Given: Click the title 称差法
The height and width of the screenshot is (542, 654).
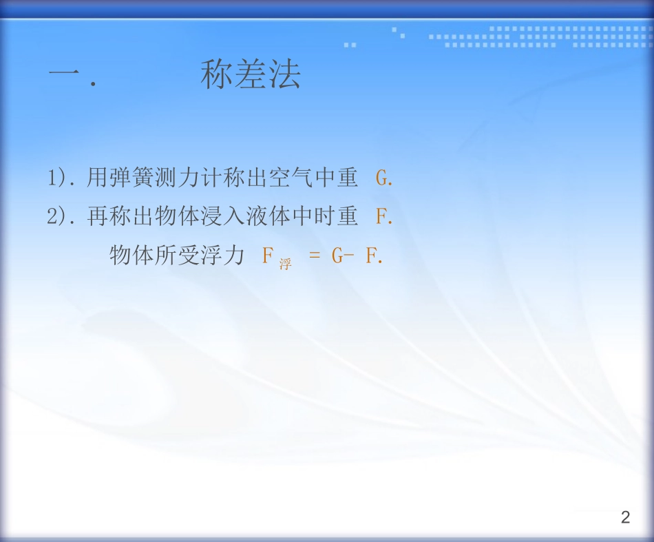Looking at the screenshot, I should (x=251, y=75).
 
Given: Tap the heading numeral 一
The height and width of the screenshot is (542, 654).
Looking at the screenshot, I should (x=65, y=75).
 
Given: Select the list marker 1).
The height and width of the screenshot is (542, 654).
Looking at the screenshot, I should (x=61, y=179).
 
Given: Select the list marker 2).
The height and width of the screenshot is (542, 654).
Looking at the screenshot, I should (x=61, y=217).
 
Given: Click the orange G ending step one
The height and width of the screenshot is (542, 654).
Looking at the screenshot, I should (x=382, y=179).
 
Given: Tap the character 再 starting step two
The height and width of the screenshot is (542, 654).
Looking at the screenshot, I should (x=97, y=217).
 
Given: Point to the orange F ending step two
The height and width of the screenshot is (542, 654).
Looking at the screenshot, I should (x=381, y=217).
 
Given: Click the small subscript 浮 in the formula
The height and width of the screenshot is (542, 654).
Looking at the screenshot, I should (x=285, y=264).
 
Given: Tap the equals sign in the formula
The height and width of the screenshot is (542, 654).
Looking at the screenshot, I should (x=315, y=256).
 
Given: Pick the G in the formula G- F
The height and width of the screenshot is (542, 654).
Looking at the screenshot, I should (x=337, y=256).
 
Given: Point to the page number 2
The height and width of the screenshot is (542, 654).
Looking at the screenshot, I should (x=625, y=518).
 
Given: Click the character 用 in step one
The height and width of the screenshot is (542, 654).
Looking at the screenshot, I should (x=97, y=179).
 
